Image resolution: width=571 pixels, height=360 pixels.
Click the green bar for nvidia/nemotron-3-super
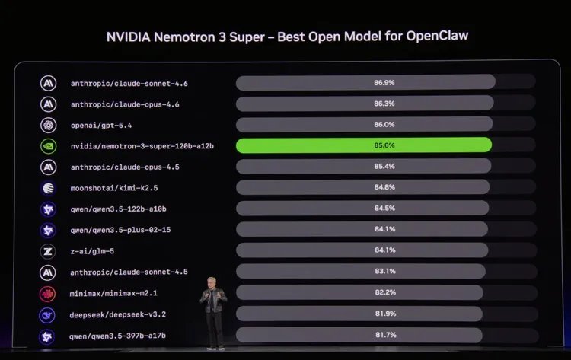[x=364, y=145]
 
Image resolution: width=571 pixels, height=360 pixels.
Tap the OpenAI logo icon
[x=48, y=125]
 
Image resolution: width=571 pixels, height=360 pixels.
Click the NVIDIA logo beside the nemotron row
[x=48, y=145]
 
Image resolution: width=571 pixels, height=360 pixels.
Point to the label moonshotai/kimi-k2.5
[x=114, y=187]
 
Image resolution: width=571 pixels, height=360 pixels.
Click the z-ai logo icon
[x=48, y=250]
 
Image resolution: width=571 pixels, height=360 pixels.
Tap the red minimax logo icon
[x=48, y=293]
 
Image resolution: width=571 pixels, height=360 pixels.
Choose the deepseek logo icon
[x=48, y=314]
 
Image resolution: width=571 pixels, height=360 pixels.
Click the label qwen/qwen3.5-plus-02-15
[x=120, y=229]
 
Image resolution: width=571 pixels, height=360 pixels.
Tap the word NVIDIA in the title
[x=129, y=37]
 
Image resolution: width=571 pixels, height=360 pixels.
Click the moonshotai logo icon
[x=48, y=187]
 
